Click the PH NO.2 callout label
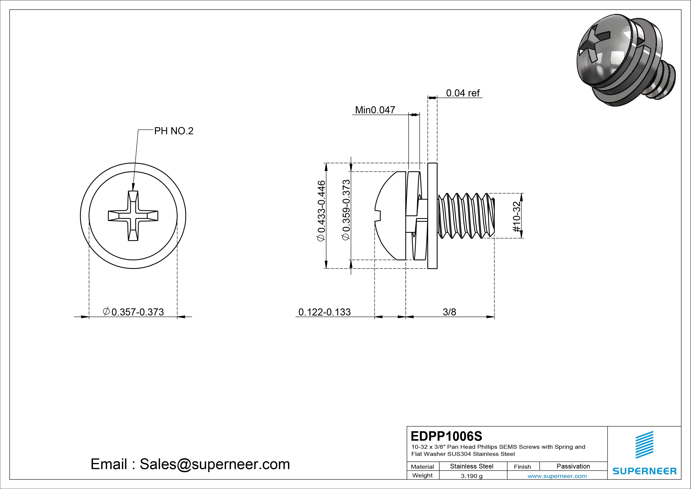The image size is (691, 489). [174, 131]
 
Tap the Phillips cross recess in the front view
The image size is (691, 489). [133, 216]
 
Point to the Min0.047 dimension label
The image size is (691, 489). [375, 110]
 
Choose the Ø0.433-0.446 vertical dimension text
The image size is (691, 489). [321, 211]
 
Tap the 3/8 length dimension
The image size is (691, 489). [449, 312]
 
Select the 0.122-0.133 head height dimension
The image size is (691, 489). [324, 312]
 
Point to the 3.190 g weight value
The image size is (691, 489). [472, 476]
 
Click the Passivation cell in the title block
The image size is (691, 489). [573, 466]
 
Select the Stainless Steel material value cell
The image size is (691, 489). [472, 466]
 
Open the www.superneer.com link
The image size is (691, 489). [557, 476]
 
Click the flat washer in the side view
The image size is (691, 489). [432, 216]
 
